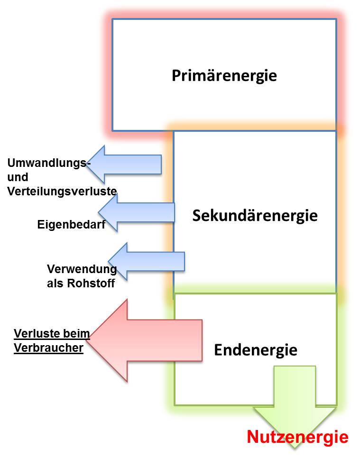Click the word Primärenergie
tap(224, 76)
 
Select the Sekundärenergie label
tap(255, 216)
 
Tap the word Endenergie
tap(256, 350)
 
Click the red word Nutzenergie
tap(297, 437)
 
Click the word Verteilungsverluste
tap(62, 192)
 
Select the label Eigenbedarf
tap(71, 224)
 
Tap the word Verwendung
tap(82, 269)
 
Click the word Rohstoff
tap(91, 283)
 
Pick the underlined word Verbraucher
tap(48, 348)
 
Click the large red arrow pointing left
tap(144, 340)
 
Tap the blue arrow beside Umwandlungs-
tap(124, 165)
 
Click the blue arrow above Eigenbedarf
tap(137, 212)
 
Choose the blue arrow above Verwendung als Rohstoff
tap(147, 261)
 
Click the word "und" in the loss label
tap(18, 177)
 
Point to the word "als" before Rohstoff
tap(56, 283)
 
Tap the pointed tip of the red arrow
tap(87, 340)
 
